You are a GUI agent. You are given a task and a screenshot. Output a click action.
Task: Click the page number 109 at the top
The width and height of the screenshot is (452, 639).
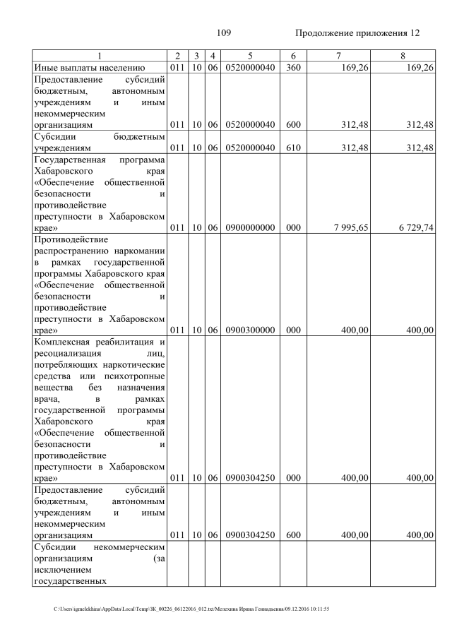click(x=224, y=33)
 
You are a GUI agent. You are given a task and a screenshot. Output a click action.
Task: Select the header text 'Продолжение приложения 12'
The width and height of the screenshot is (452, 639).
click(x=357, y=33)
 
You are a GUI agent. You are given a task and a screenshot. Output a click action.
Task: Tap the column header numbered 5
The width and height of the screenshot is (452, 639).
click(x=250, y=56)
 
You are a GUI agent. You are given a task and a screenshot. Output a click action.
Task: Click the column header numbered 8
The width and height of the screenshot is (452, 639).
click(x=403, y=56)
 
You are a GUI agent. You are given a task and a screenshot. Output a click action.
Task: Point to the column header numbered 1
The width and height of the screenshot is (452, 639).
click(x=100, y=56)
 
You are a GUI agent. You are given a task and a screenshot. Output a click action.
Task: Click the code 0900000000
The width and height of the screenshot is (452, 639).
click(x=250, y=228)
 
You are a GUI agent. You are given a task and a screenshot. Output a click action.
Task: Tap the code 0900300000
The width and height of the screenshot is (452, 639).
click(x=250, y=330)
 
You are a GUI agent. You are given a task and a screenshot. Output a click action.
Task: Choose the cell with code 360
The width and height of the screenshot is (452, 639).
click(x=293, y=68)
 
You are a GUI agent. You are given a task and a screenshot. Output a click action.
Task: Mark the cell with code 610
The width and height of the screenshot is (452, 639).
click(x=293, y=148)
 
